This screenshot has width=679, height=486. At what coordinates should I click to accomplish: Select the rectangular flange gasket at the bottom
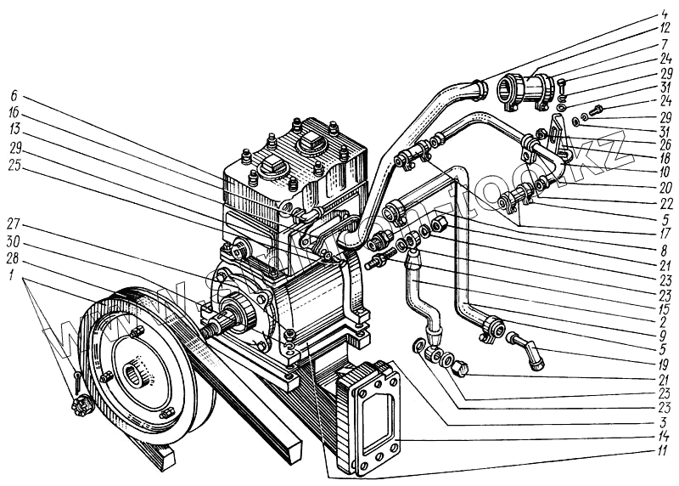[x=367, y=416]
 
